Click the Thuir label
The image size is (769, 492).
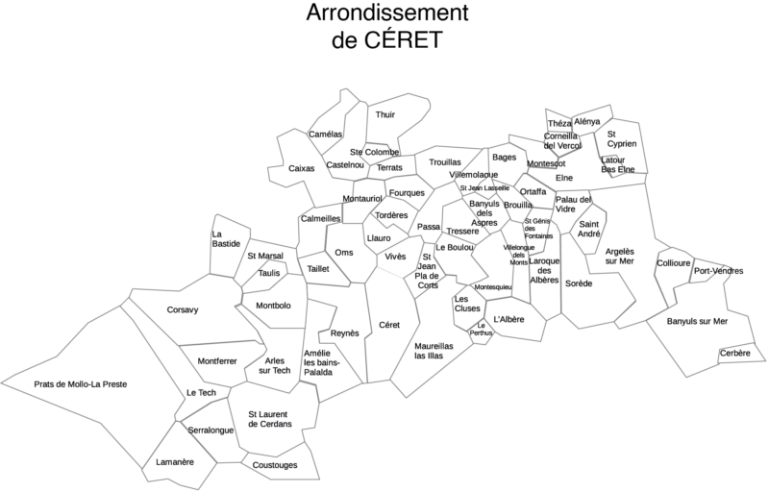click(x=385, y=114)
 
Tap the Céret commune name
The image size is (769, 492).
click(x=389, y=325)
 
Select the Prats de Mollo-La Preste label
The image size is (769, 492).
click(x=81, y=383)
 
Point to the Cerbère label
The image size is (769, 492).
click(x=735, y=354)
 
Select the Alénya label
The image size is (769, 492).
click(x=586, y=121)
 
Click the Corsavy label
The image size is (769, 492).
click(x=183, y=309)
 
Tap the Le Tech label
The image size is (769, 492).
click(x=201, y=393)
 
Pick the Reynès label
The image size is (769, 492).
click(x=344, y=332)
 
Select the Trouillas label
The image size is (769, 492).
click(x=445, y=162)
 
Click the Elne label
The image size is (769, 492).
click(x=564, y=177)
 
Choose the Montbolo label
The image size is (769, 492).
click(x=274, y=306)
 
